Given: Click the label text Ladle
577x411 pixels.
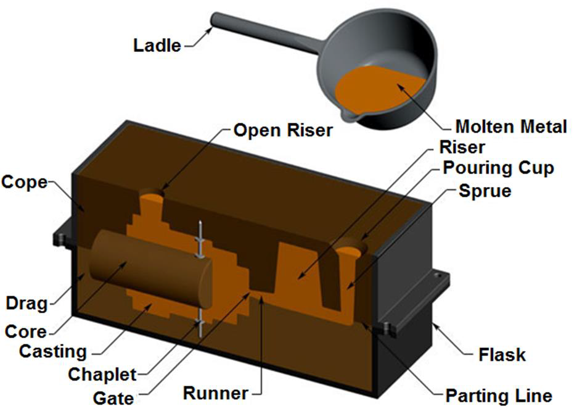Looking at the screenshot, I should [x=157, y=45].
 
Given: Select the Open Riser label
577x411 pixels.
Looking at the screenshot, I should [x=283, y=131].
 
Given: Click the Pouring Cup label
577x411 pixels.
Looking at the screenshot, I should [x=498, y=168].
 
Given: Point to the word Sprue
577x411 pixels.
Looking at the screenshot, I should [x=485, y=191].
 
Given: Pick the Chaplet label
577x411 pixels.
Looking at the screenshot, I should [x=102, y=374].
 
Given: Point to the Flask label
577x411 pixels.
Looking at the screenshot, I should [x=502, y=355].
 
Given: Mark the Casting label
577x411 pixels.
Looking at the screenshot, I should [x=53, y=351].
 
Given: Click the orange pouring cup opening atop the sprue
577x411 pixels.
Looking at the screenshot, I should [x=350, y=250].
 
